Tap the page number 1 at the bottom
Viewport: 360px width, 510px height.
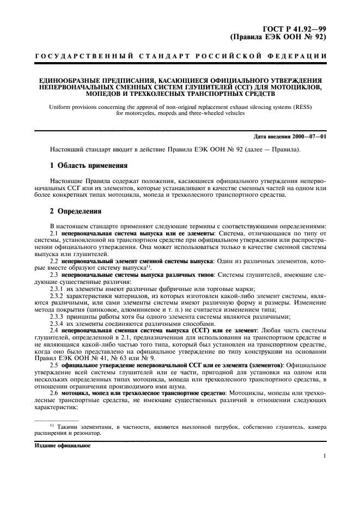[x=325, y=457]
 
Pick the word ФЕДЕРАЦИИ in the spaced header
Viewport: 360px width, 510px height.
[x=299, y=57]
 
